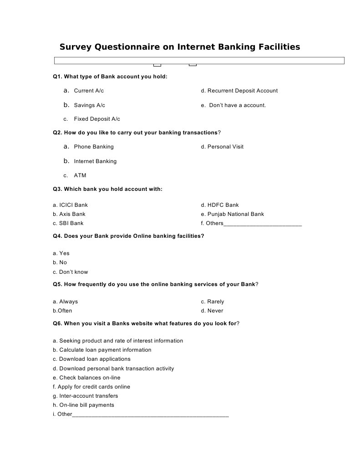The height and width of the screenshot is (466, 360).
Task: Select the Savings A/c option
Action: [89, 105]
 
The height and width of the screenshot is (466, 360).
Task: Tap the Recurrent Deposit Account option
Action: [242, 91]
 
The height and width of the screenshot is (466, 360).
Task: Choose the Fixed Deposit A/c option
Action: [97, 119]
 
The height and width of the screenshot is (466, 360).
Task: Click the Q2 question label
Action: [58, 133]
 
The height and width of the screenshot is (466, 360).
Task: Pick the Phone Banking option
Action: [94, 147]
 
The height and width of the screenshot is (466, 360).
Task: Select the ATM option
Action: [80, 175]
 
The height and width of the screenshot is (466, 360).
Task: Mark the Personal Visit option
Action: [225, 147]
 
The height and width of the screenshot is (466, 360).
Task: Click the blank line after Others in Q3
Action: [263, 224]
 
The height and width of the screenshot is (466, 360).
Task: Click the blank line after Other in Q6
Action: [150, 415]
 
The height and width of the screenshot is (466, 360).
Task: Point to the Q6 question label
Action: [58, 323]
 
